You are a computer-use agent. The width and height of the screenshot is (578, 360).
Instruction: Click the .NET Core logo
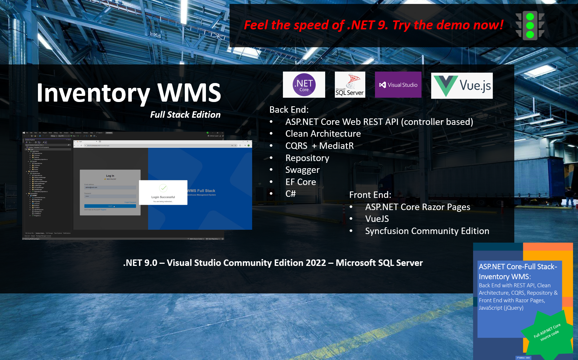[304, 85]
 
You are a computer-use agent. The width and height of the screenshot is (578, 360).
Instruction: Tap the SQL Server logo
[350, 85]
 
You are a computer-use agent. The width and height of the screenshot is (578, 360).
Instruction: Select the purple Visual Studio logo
[398, 85]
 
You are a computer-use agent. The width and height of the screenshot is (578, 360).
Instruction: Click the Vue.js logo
[462, 86]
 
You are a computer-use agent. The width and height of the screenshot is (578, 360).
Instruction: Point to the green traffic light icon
[530, 25]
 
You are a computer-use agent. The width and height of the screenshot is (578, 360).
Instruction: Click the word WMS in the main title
[189, 93]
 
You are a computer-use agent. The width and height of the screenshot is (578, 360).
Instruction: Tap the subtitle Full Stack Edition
[185, 115]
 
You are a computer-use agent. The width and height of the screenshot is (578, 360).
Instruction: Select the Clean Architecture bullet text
[323, 134]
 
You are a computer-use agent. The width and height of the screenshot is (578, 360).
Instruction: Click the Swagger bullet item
[302, 170]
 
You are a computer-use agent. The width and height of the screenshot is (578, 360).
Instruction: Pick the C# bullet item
[290, 194]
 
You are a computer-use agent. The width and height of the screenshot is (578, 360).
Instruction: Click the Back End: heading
[289, 110]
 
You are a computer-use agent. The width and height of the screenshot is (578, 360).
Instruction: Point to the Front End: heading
[370, 195]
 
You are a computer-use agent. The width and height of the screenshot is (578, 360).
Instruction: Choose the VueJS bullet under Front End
[377, 219]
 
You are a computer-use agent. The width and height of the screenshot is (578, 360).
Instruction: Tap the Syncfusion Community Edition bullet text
[427, 231]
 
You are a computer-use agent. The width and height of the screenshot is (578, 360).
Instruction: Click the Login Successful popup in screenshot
[163, 193]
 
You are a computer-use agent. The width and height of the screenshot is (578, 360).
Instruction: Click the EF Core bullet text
[300, 182]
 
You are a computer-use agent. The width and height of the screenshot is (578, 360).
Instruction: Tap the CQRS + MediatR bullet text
[319, 146]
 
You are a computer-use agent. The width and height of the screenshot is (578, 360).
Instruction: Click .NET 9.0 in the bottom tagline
[140, 263]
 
